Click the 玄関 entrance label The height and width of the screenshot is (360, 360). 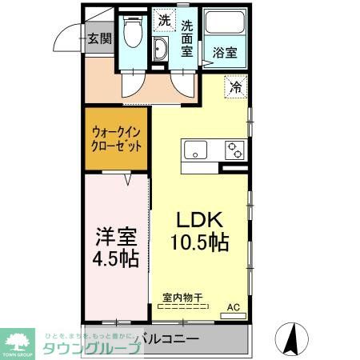[99, 38]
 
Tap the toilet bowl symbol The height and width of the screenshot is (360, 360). [132, 34]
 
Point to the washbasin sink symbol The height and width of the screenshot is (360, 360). [161, 50]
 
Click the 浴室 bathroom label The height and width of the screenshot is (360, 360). [225, 53]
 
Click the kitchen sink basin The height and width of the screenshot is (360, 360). [196, 149]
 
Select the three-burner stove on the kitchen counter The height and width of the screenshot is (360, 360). [234, 150]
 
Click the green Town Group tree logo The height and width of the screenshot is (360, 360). [18, 339]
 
